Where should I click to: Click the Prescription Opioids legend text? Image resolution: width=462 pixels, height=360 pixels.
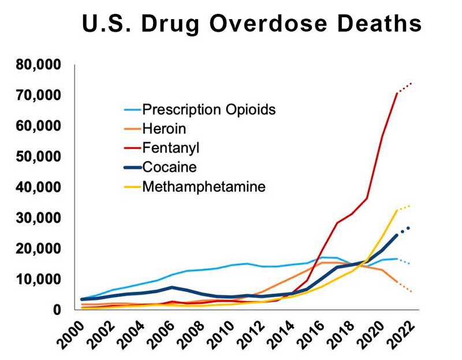click(x=208, y=109)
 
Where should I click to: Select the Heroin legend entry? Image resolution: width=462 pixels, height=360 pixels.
click(x=162, y=128)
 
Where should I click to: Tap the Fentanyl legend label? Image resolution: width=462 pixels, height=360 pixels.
click(x=170, y=148)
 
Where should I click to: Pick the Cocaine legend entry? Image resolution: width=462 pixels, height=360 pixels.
click(x=169, y=168)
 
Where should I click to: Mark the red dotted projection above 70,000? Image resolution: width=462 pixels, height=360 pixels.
click(x=405, y=87)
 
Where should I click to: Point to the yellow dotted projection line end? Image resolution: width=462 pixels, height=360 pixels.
click(x=408, y=206)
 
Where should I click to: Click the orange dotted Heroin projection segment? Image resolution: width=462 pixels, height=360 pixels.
click(x=404, y=287)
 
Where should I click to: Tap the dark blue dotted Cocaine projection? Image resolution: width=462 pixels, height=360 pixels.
click(x=404, y=230)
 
